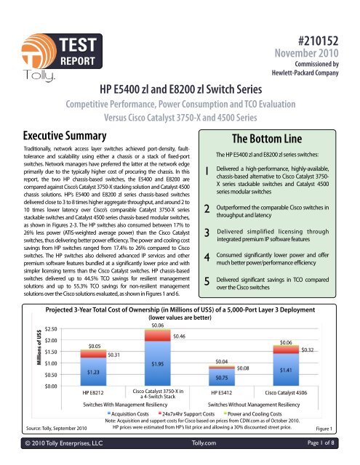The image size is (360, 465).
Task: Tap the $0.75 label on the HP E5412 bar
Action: coord(224,379)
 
